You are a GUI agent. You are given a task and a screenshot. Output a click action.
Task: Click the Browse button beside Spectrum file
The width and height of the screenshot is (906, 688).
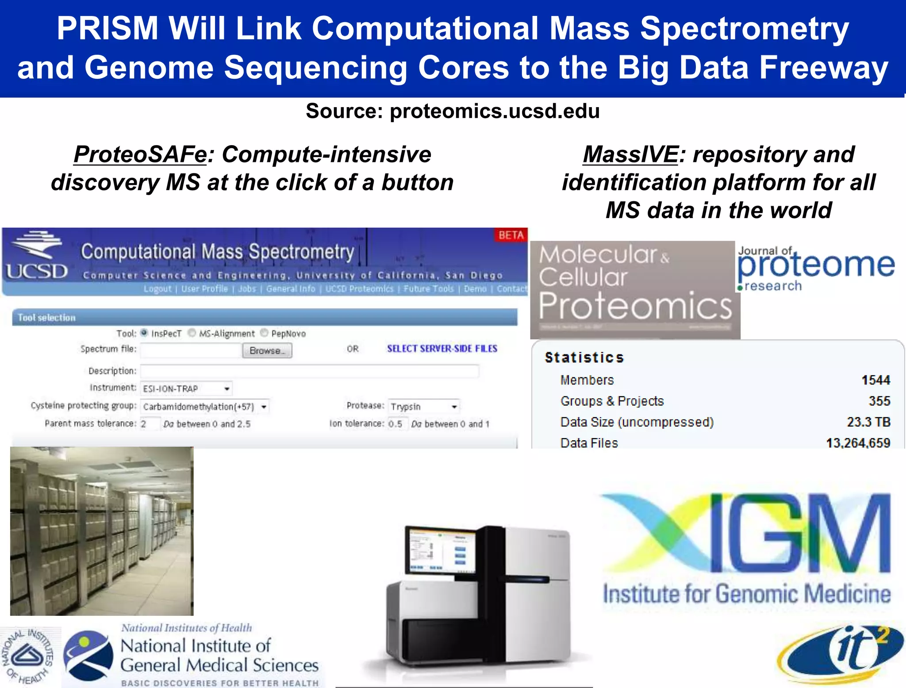click(x=267, y=350)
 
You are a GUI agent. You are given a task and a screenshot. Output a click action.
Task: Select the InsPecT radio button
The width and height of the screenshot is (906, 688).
click(x=144, y=333)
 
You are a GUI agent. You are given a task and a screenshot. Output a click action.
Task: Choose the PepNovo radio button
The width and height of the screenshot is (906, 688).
click(x=264, y=333)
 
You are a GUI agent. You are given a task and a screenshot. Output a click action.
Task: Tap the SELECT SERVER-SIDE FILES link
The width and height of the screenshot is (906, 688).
click(x=442, y=349)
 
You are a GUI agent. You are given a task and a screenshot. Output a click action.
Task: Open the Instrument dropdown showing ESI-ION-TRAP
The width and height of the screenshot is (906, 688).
click(x=186, y=388)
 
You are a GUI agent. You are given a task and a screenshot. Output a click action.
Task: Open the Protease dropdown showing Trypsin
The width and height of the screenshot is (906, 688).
click(x=424, y=406)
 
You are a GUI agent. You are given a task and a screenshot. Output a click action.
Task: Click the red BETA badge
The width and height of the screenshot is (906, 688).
click(x=511, y=235)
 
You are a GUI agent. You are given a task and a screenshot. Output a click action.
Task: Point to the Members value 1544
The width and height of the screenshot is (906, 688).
click(x=875, y=380)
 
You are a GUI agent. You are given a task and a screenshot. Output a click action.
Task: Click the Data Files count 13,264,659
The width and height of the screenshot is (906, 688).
click(x=858, y=442)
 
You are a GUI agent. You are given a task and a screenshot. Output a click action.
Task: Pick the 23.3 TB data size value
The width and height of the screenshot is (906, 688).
click(x=868, y=422)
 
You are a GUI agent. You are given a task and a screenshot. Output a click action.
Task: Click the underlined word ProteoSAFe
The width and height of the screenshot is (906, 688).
click(x=140, y=154)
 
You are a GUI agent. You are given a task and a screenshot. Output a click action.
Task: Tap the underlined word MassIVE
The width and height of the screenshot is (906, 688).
click(x=630, y=154)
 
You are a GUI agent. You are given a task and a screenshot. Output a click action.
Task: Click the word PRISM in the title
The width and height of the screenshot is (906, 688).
click(x=107, y=29)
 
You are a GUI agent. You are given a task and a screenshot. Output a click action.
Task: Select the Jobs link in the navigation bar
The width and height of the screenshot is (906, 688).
click(x=247, y=289)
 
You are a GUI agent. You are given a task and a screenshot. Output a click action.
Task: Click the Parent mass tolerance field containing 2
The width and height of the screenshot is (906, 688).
click(x=150, y=424)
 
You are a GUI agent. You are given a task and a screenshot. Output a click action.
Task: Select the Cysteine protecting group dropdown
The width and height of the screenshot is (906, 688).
click(x=205, y=406)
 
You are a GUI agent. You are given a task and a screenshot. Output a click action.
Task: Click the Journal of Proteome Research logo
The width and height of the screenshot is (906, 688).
click(x=815, y=268)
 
